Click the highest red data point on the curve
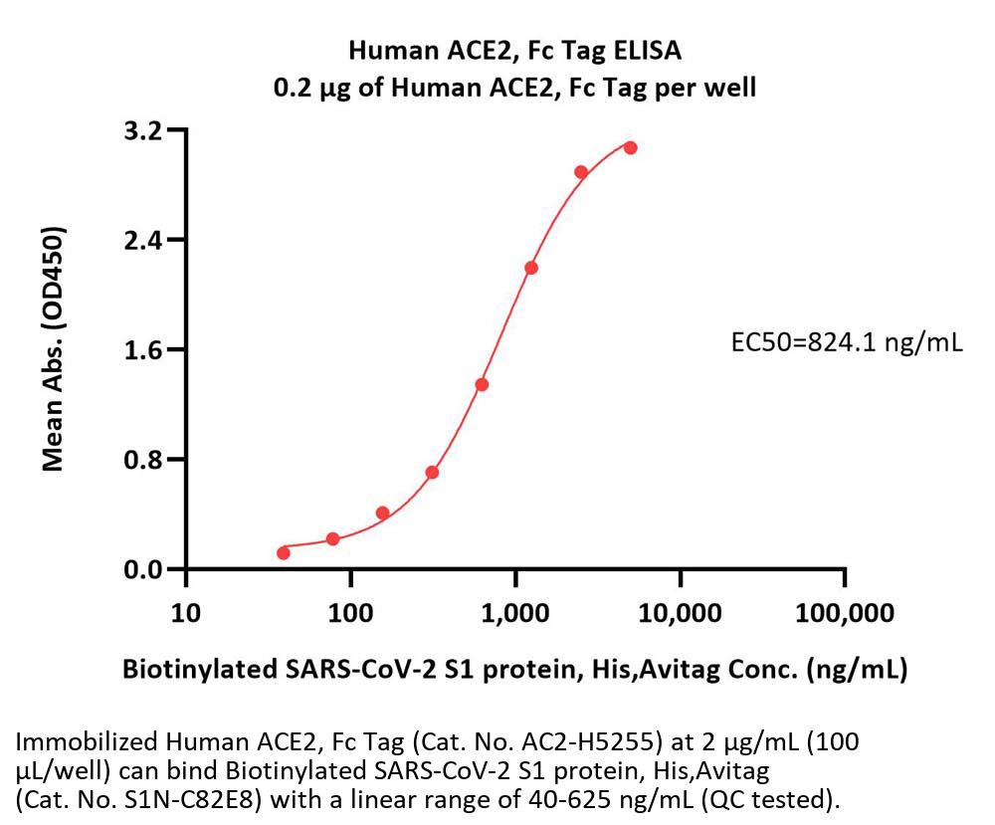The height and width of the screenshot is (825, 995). click(x=630, y=147)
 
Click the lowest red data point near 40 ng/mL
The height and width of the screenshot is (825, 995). click(x=284, y=552)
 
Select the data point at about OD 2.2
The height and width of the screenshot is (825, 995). click(x=531, y=268)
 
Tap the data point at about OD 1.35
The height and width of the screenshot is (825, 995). click(x=482, y=384)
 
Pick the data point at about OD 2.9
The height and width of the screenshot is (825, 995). click(x=581, y=172)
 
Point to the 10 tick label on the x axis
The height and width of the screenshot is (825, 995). click(x=185, y=611)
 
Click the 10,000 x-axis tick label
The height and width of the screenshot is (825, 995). click(x=680, y=611)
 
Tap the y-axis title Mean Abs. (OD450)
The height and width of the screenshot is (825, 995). click(x=54, y=348)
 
